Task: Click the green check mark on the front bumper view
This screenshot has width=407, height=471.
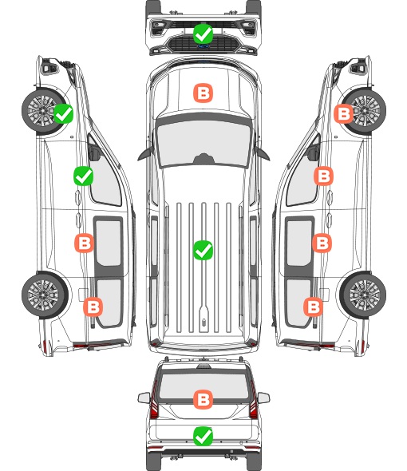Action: click(203, 34)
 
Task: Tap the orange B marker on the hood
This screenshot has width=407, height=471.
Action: click(203, 93)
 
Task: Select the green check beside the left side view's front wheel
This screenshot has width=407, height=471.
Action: click(64, 113)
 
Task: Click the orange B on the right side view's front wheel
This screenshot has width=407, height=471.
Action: click(344, 113)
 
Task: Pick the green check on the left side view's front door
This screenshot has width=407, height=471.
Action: click(84, 176)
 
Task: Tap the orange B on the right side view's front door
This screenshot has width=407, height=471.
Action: click(323, 176)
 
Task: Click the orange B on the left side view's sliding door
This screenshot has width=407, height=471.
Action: click(85, 243)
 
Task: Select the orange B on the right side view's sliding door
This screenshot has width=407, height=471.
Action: click(322, 243)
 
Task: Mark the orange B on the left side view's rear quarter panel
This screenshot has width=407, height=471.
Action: click(93, 307)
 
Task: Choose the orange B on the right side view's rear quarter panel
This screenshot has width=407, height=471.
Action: click(314, 307)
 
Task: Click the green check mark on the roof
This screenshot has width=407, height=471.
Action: click(203, 250)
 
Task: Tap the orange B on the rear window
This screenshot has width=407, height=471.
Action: click(203, 399)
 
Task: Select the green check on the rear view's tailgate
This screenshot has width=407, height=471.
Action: click(203, 437)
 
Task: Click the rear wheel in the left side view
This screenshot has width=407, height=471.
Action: click(45, 295)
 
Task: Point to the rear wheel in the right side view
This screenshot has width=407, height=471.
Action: click(363, 295)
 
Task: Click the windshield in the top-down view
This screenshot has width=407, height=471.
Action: click(203, 143)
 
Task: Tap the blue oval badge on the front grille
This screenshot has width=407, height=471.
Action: click(203, 46)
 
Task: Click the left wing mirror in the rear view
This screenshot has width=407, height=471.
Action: click(144, 398)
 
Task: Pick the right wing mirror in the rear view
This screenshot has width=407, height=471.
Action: click(263, 398)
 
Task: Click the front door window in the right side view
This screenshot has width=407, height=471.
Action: click(302, 177)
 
